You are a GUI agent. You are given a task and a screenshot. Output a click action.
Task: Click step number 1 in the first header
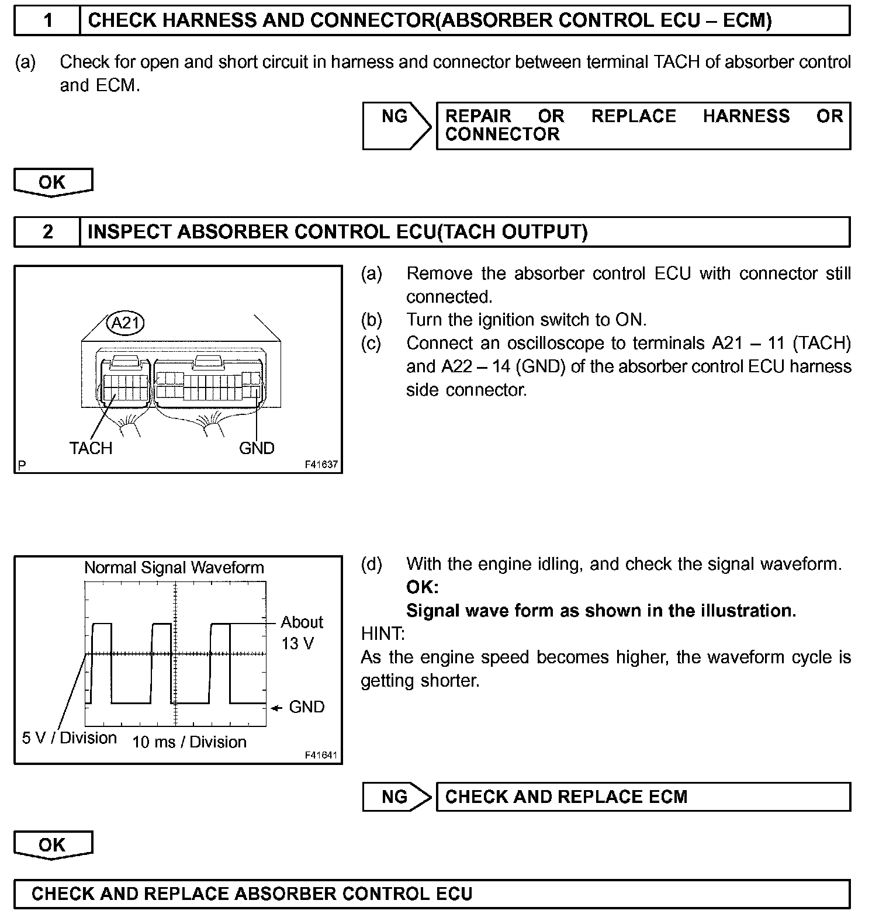point(48,21)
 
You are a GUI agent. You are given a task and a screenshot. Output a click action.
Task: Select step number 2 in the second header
point(48,232)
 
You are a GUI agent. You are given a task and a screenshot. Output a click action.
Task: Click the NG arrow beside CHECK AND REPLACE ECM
point(395,797)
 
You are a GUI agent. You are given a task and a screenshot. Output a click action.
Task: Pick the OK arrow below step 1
point(53,182)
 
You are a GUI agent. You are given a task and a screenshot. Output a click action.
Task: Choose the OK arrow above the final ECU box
point(53,844)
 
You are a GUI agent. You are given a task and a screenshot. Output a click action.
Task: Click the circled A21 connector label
point(125,323)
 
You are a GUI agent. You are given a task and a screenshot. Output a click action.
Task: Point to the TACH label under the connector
point(91,448)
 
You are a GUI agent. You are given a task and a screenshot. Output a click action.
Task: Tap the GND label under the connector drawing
point(257,448)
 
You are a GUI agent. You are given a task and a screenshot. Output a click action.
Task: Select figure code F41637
point(321,465)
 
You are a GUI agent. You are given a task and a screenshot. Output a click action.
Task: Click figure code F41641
point(321,755)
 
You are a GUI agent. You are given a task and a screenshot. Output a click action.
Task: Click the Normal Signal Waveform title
point(174,567)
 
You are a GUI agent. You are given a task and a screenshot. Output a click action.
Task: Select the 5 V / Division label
point(70,738)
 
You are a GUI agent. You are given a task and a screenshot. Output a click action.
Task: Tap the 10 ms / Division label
point(189,742)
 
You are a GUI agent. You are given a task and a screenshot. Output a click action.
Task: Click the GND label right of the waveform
point(306,707)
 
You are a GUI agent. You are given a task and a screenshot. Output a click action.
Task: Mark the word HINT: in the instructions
point(383,634)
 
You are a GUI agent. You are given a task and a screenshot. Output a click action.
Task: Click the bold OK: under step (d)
point(422,587)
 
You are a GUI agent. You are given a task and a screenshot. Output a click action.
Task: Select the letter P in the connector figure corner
point(22,466)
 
